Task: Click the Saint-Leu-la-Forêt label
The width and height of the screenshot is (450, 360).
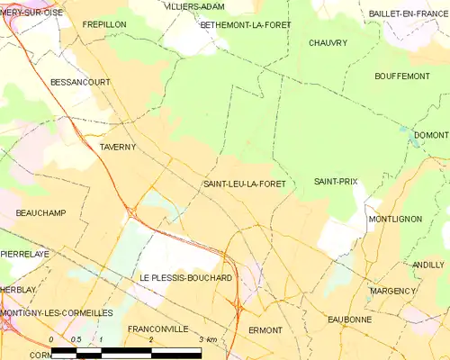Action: [245, 184]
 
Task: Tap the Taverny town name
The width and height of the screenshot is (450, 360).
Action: [117, 145]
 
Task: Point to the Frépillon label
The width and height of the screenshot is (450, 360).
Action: [102, 24]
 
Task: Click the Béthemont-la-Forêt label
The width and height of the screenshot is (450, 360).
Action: [246, 24]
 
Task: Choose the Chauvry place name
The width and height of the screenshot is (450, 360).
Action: [328, 42]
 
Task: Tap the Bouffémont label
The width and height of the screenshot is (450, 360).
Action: [401, 76]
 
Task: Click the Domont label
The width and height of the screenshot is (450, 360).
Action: [430, 135]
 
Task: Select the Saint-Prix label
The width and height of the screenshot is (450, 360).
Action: [336, 182]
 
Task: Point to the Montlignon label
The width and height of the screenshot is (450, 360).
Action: [394, 219]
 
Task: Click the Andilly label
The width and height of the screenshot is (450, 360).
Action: [428, 265]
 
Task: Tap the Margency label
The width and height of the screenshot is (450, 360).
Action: [393, 292]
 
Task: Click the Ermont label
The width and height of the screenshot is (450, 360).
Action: [265, 330]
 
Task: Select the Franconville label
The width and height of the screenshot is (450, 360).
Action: [157, 328]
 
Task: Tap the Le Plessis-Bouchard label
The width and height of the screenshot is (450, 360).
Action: [186, 278]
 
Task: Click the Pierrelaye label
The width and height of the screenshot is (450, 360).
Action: [24, 255]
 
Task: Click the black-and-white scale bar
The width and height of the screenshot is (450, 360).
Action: [135, 349]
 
